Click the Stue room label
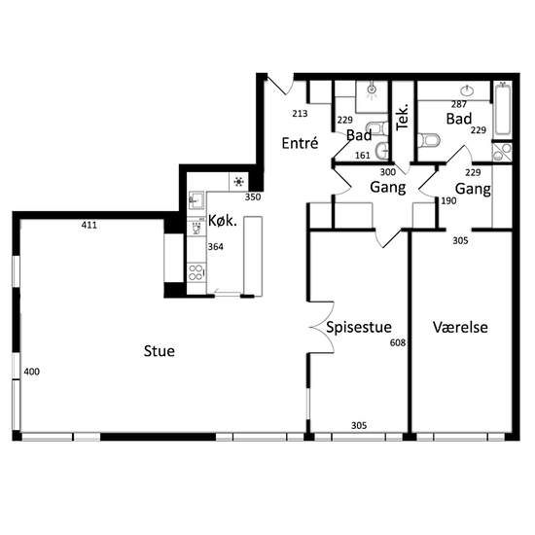coord(160,351)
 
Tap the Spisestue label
coord(359,327)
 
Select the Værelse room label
coord(460,327)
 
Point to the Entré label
coord(300,143)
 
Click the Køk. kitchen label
coord(223,221)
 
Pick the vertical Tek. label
coord(403,117)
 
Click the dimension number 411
coord(89,225)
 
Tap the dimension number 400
coord(32,372)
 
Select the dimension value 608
coord(398,342)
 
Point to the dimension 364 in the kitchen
coord(216,246)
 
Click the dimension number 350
coord(253,196)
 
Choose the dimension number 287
coord(459,104)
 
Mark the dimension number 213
coord(300,113)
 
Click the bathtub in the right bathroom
coord(503,110)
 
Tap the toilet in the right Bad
coord(429,140)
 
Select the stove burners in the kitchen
coord(196,272)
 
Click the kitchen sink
coord(196,200)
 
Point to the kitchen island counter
coord(253,256)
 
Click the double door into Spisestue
coord(322,327)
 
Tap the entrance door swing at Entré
coord(280,84)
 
